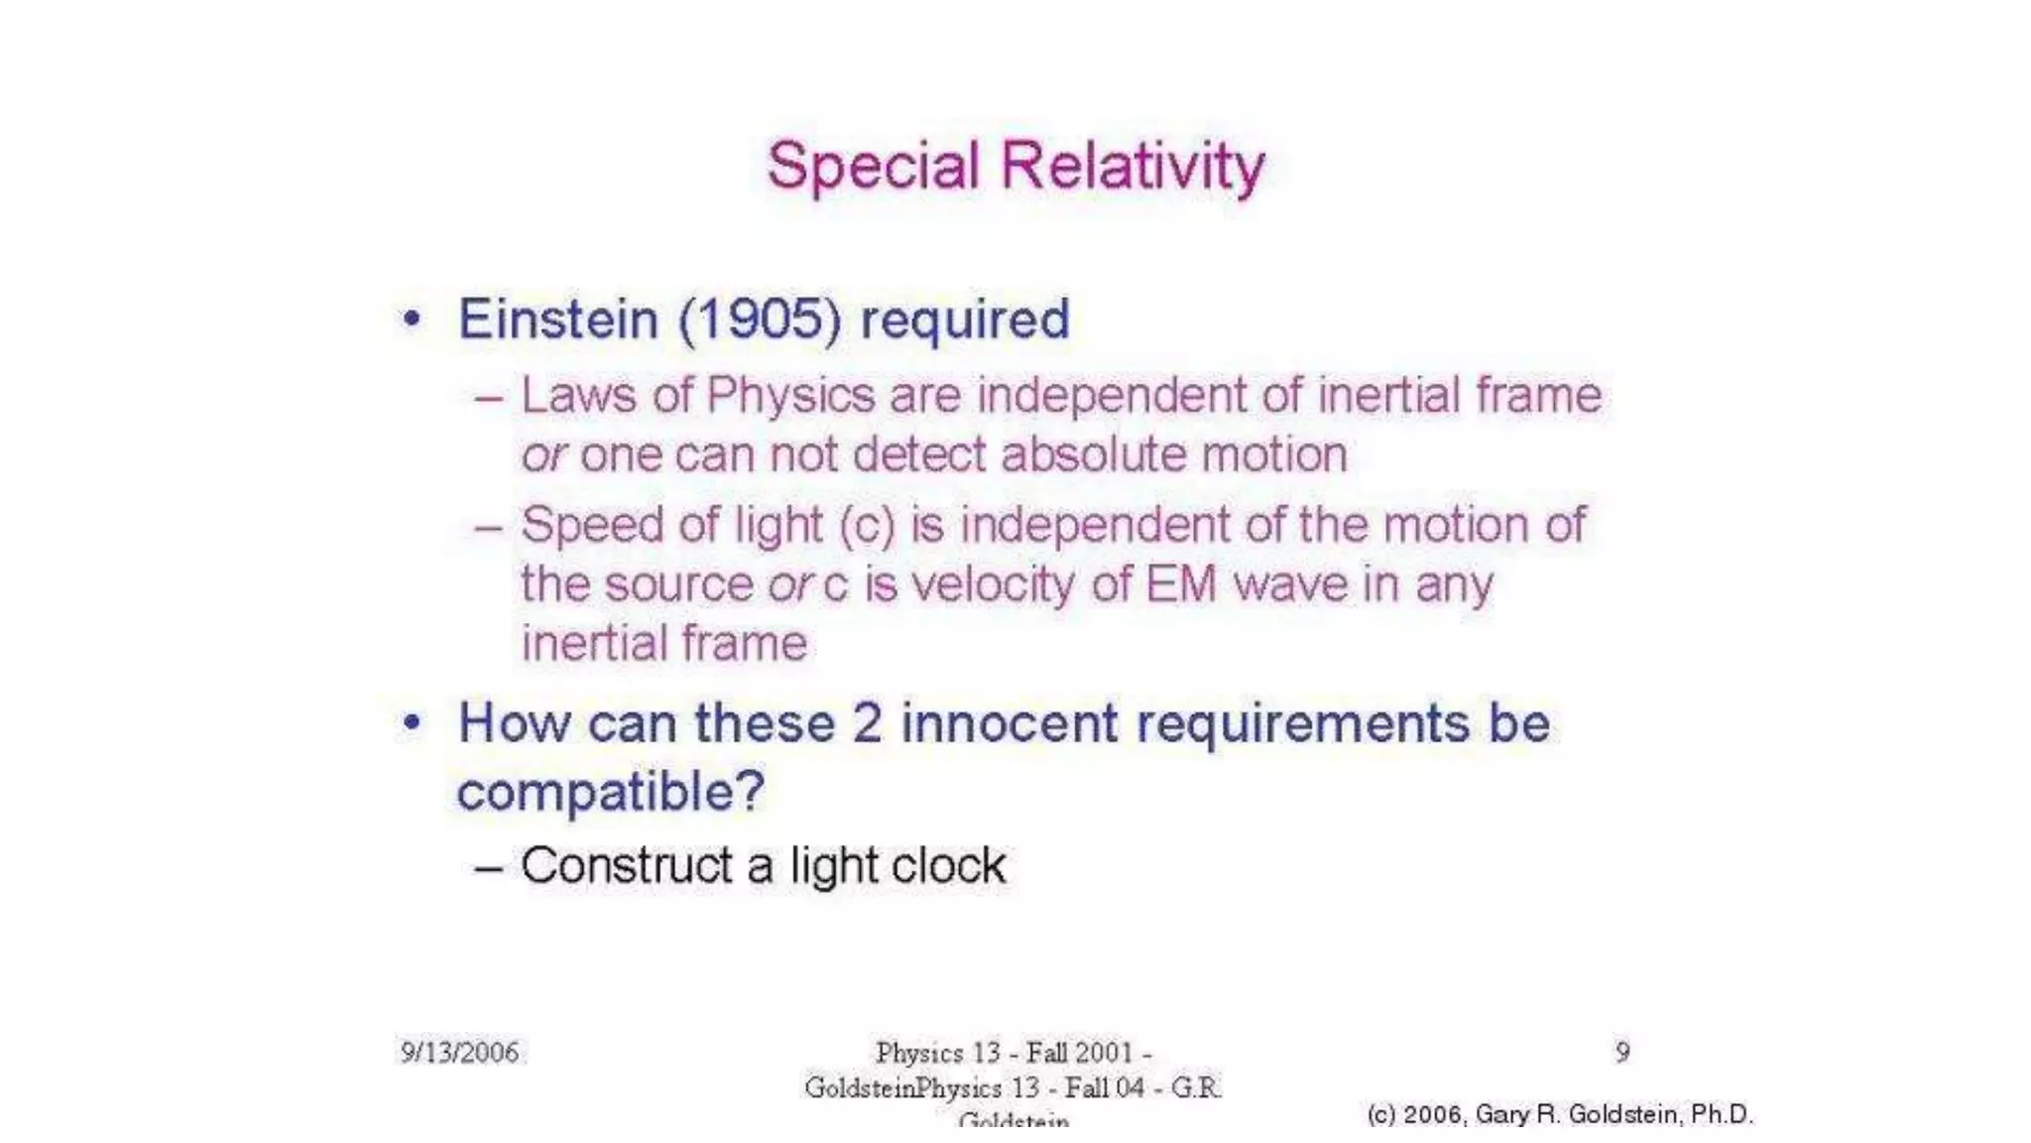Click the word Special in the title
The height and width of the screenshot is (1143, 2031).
click(x=873, y=166)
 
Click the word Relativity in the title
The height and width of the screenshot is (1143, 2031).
click(x=1133, y=166)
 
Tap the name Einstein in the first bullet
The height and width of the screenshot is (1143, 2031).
click(x=557, y=319)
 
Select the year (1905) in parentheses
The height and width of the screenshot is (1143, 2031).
click(x=760, y=319)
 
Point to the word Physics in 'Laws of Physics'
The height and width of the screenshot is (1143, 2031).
click(x=790, y=396)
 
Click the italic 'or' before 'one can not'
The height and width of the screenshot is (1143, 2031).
click(x=543, y=455)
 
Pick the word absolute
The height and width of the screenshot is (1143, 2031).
click(x=1095, y=454)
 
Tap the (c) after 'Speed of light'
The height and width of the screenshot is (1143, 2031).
click(x=867, y=526)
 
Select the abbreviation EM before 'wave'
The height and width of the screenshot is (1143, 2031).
click(x=1180, y=584)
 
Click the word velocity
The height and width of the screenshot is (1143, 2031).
click(x=993, y=584)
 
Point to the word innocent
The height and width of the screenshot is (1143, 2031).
click(x=1010, y=722)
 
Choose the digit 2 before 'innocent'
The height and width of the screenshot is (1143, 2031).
click(x=867, y=722)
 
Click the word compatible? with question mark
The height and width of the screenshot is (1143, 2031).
click(x=611, y=793)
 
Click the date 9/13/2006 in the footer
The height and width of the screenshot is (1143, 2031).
click(x=459, y=1052)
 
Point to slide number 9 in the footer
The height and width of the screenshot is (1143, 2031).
click(x=1622, y=1052)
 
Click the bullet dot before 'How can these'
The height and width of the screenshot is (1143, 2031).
click(x=412, y=722)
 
